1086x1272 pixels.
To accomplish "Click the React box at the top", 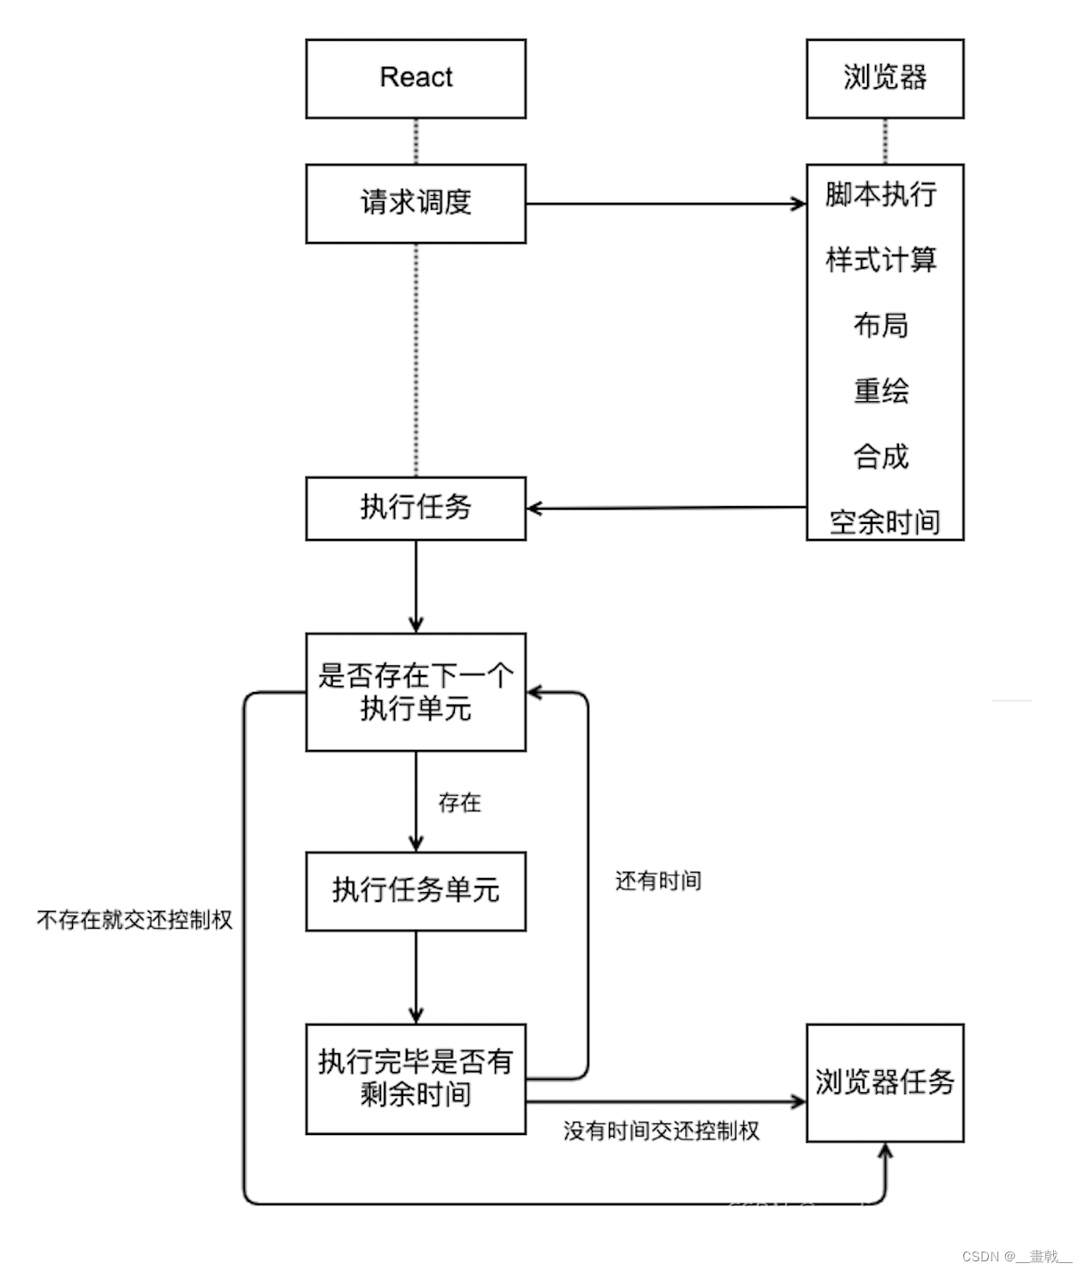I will [416, 78].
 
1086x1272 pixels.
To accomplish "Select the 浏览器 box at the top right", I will [885, 78].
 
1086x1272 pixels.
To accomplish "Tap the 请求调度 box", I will [416, 203].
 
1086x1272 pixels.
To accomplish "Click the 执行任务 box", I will [416, 508].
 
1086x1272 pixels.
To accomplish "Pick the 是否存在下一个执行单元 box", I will [416, 692].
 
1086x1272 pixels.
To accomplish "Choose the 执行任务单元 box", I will [416, 890].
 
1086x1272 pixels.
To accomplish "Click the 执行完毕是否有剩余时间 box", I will [416, 1078].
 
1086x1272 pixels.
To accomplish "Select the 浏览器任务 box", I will [885, 1083].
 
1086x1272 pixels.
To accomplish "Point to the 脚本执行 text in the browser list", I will [881, 194].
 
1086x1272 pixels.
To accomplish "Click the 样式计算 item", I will [881, 260].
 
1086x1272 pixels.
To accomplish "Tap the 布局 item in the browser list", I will [881, 326].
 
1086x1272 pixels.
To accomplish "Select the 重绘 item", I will [881, 391].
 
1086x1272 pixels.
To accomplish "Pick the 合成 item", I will [881, 456].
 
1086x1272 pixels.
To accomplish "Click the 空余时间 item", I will [885, 522].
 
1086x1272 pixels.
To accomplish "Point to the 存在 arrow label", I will [459, 803].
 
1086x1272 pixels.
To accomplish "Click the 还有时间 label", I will [659, 882].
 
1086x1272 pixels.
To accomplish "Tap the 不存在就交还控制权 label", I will [134, 920].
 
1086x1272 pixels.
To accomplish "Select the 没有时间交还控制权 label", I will [661, 1131].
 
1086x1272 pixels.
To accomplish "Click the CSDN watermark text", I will [1017, 1257].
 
